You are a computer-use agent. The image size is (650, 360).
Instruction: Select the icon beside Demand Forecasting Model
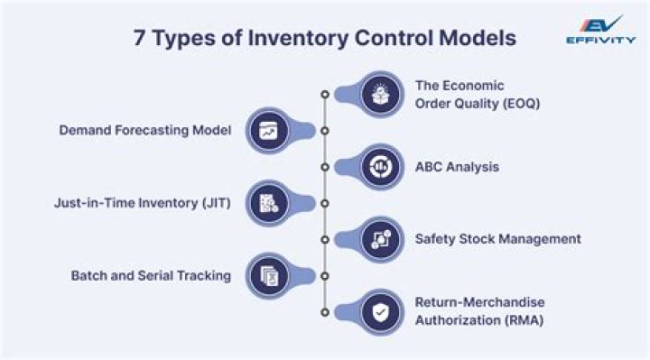coord(269,130)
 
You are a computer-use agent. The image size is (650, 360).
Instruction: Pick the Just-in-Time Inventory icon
coord(269,203)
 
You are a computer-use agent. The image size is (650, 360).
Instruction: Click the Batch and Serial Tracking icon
coord(269,275)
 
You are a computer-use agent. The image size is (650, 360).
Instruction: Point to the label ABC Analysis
coord(457,167)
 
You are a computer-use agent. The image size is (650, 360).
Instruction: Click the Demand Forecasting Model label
coord(145,130)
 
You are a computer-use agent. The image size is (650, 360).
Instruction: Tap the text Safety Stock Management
coord(497,239)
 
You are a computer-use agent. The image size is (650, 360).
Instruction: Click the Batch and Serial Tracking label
coord(151,275)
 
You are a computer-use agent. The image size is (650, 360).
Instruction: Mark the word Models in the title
coord(476,39)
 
